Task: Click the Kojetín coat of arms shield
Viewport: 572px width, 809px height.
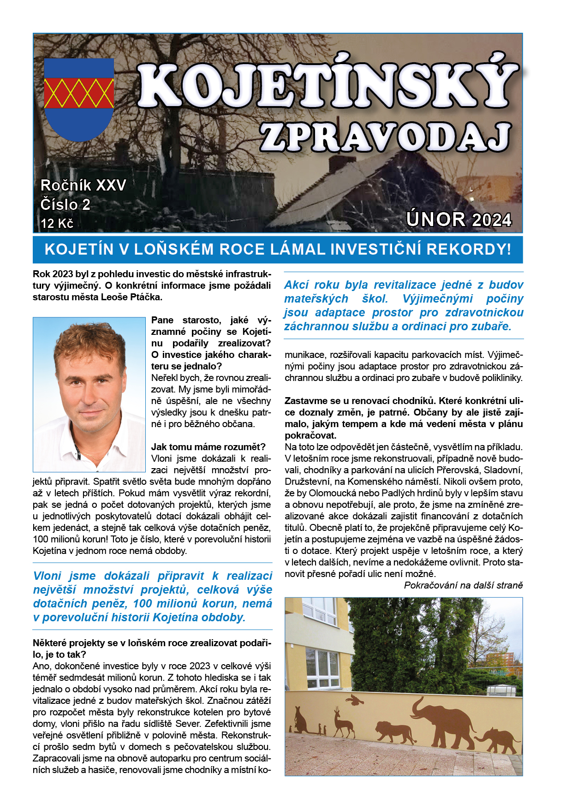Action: pos(79,99)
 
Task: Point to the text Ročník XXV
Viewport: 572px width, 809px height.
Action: pos(83,185)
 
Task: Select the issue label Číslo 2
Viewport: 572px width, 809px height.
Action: pos(66,204)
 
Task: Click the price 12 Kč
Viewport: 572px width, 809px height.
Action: pos(57,224)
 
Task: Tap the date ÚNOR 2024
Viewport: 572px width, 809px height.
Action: pos(459,220)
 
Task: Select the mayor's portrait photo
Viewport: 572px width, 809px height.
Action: pos(89,394)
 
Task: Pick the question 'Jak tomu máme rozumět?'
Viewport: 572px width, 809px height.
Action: pos(209,447)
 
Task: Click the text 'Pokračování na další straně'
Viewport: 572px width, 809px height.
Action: pos(463,585)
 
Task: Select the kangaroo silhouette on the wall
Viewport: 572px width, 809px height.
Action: pos(302,720)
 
